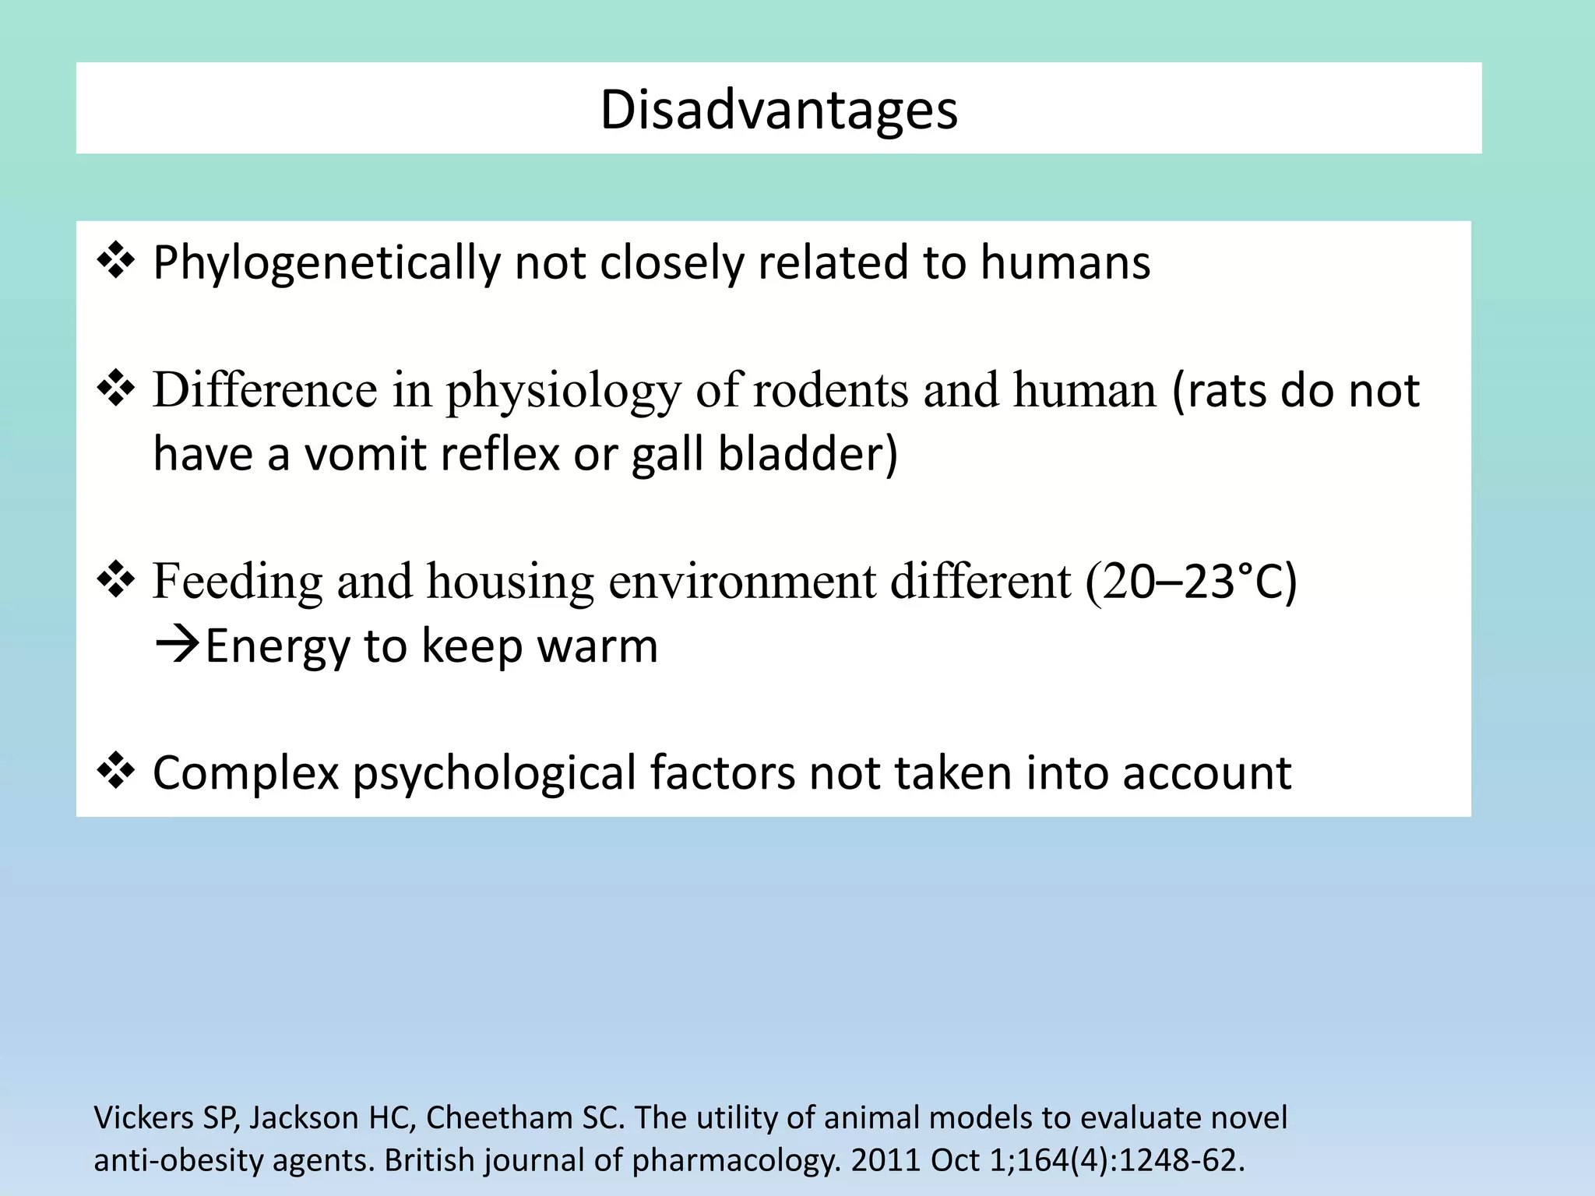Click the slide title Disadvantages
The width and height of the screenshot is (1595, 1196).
(x=779, y=110)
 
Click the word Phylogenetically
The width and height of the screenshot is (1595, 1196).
(x=326, y=263)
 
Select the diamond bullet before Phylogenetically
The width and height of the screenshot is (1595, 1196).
(x=115, y=261)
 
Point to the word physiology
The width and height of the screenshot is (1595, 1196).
(x=563, y=390)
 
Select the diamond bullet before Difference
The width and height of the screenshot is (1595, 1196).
(x=115, y=389)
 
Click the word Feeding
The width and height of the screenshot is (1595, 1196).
(x=237, y=582)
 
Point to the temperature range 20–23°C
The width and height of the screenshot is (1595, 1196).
(x=1192, y=582)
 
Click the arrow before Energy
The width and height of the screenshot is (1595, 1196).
(x=178, y=645)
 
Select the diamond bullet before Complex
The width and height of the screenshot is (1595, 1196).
(x=115, y=771)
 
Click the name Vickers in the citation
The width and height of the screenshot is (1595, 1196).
(x=143, y=1117)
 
